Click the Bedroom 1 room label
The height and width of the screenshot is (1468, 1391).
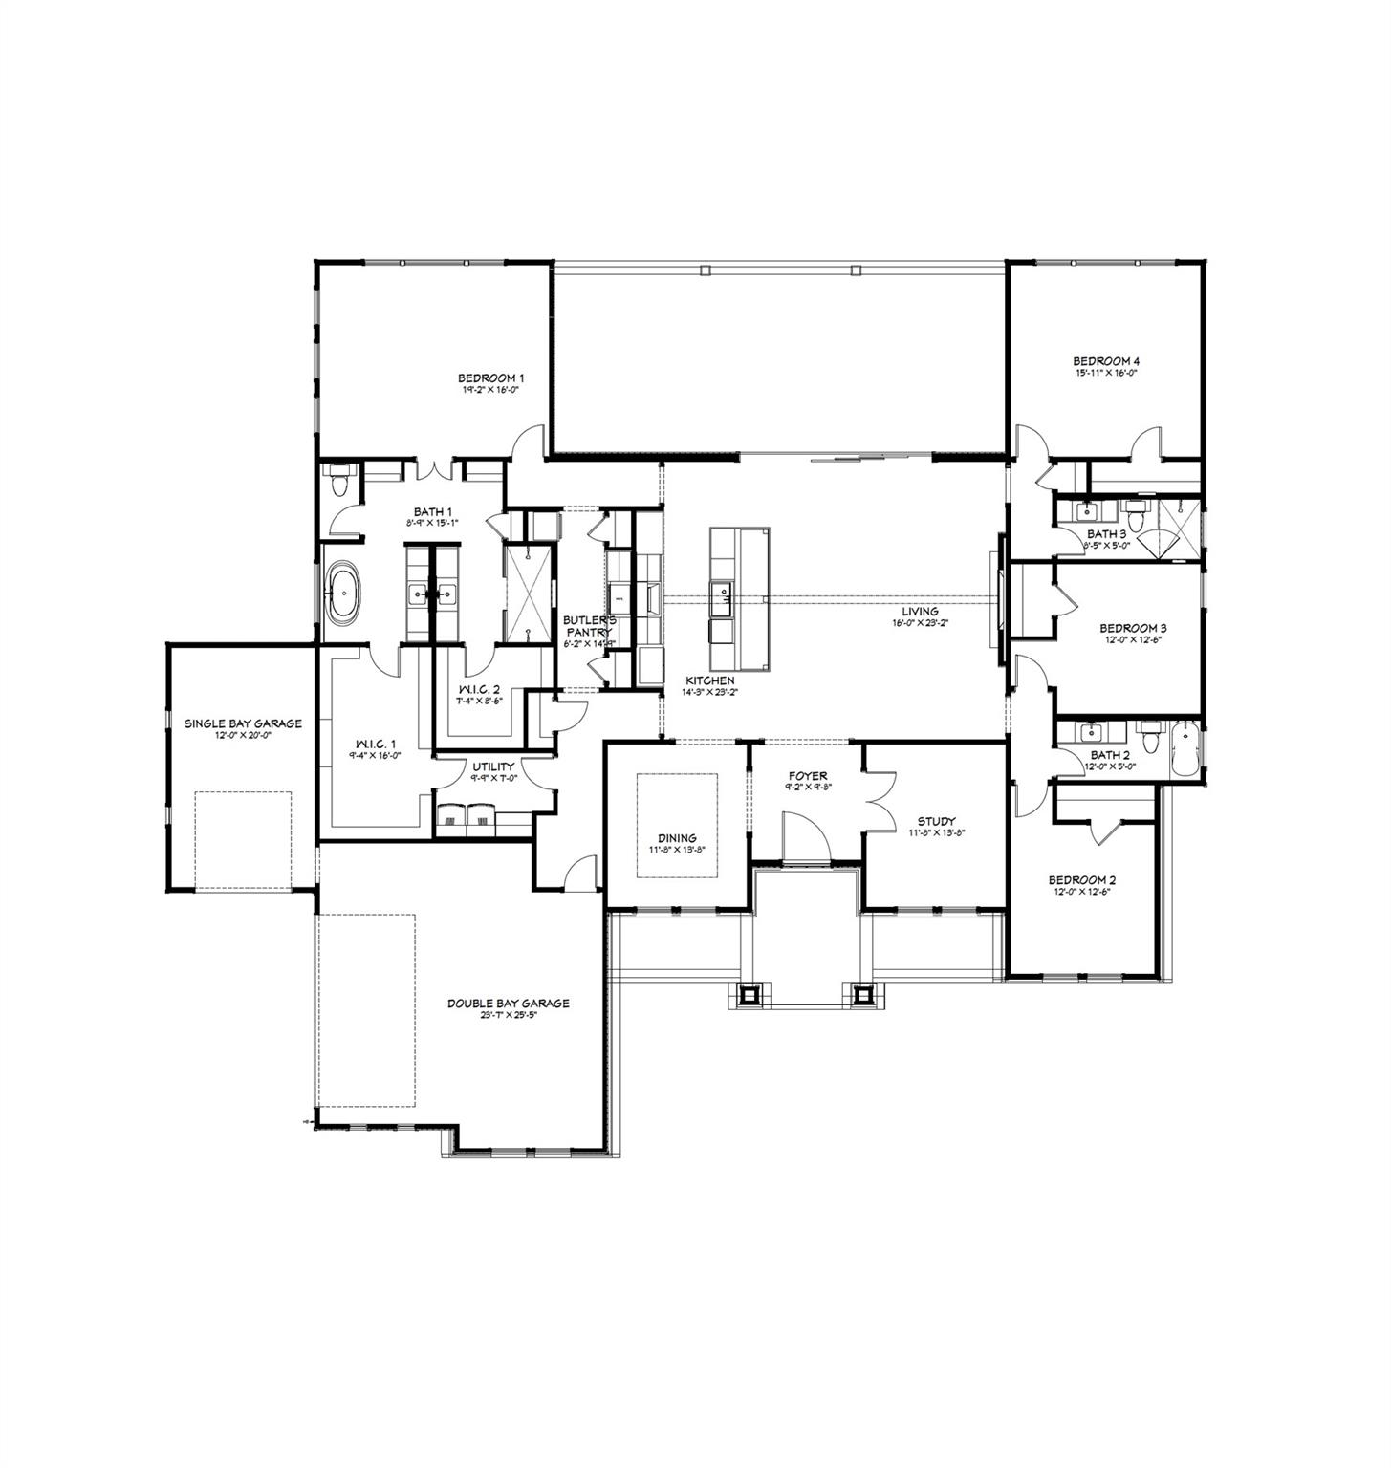489,378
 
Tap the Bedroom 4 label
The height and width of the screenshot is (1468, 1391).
1105,361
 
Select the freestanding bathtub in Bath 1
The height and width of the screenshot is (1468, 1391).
343,594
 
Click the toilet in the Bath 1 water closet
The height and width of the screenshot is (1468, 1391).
338,481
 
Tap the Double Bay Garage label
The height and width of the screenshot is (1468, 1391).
508,1004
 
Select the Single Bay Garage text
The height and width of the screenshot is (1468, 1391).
243,723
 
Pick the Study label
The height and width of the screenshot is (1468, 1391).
936,821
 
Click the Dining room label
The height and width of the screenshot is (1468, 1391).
676,838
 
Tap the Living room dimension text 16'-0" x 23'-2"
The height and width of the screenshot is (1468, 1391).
920,622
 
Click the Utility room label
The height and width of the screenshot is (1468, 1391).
492,766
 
